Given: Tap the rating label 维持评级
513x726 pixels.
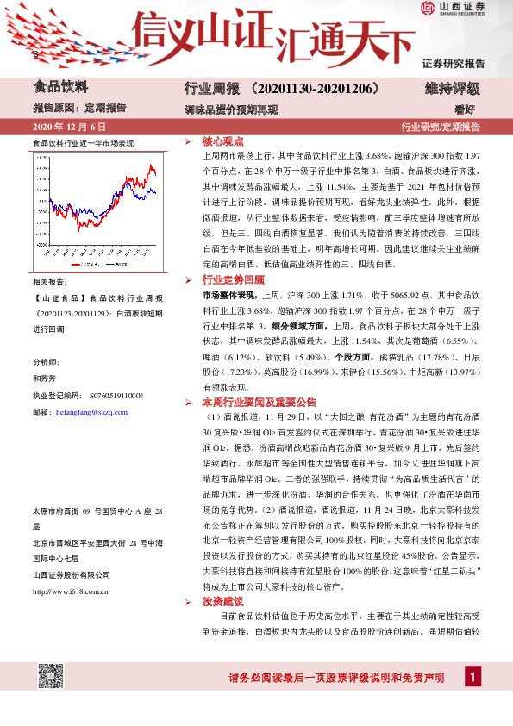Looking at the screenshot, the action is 452,88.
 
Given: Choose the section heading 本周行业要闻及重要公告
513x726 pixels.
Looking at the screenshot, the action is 260,403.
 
